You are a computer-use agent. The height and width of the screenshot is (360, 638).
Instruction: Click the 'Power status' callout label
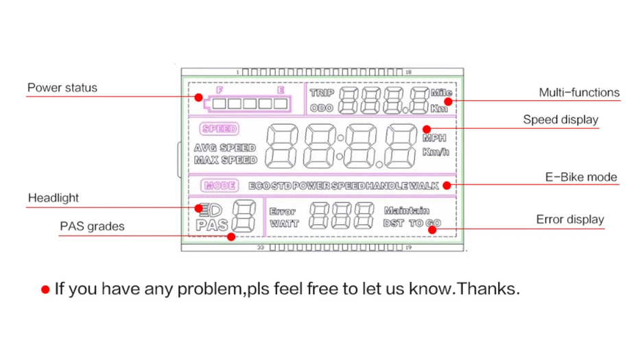click(x=62, y=88)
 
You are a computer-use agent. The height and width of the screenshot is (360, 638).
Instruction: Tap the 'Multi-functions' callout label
click(x=579, y=93)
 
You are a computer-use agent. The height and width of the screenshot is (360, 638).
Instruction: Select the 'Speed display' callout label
click(x=560, y=119)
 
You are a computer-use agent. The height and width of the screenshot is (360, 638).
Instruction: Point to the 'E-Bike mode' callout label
click(x=581, y=177)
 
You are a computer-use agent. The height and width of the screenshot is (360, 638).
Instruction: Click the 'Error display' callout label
click(x=569, y=219)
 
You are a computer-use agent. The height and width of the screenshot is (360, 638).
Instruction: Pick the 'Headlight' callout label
click(x=54, y=198)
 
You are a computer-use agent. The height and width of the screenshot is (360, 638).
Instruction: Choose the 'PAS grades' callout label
click(x=92, y=226)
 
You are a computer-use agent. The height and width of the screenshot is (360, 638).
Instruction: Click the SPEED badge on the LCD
click(x=219, y=129)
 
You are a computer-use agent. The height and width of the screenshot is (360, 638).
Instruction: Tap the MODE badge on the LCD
click(x=220, y=186)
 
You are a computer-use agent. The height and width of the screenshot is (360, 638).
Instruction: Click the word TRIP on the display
click(x=322, y=93)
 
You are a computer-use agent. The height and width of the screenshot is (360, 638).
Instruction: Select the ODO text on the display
click(x=322, y=108)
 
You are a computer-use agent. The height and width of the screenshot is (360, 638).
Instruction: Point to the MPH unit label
click(x=434, y=139)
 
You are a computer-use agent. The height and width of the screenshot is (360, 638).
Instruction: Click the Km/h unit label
click(x=436, y=152)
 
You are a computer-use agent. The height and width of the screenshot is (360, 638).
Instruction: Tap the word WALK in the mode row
click(x=424, y=186)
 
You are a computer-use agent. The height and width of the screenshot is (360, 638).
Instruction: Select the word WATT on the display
click(x=284, y=224)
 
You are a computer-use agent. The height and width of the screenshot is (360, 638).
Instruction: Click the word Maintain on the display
click(x=407, y=211)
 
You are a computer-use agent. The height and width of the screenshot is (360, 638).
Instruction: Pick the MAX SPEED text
click(x=225, y=160)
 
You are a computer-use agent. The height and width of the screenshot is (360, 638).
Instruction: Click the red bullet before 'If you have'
click(x=45, y=289)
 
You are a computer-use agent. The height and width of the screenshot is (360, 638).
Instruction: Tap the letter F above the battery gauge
click(x=220, y=90)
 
